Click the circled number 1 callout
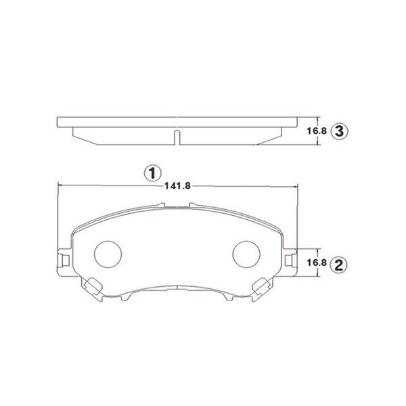[x=153, y=173]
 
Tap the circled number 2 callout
[x=339, y=265]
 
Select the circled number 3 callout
[x=339, y=131]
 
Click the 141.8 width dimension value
[x=177, y=186]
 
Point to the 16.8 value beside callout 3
[x=317, y=131]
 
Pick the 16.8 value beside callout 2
[x=317, y=263]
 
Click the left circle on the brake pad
[x=108, y=254]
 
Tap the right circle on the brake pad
[x=246, y=254]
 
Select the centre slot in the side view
[x=177, y=137]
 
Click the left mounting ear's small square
[x=65, y=261]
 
